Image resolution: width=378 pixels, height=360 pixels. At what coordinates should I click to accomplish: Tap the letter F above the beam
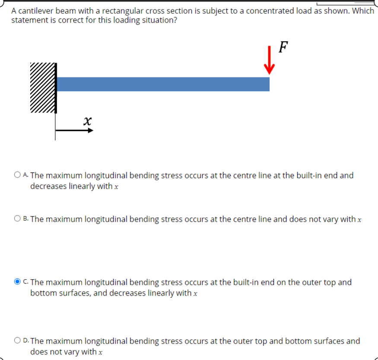click(283, 46)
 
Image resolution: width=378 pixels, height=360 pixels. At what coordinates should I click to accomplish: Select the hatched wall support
click(43, 88)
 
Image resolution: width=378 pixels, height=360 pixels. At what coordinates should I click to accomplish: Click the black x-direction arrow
click(74, 130)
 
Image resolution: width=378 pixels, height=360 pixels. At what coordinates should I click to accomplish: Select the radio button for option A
click(17, 175)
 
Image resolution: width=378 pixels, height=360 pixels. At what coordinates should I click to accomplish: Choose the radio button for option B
click(17, 219)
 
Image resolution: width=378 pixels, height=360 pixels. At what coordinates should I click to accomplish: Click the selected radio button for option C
click(17, 282)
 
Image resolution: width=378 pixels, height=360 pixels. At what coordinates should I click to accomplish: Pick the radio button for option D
click(17, 341)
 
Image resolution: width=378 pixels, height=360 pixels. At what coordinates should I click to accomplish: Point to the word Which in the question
click(363, 11)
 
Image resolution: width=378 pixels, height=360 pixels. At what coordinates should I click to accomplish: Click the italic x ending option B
click(359, 220)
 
